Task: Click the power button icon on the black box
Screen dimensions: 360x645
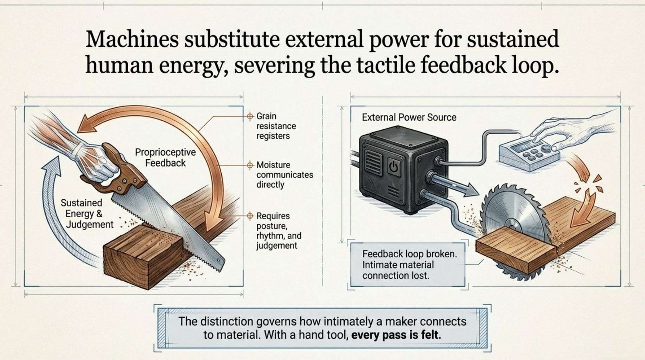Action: point(393,166)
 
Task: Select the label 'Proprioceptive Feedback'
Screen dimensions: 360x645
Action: point(165,158)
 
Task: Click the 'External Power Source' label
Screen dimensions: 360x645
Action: point(409,118)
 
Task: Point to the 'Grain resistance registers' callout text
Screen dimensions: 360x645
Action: point(273,126)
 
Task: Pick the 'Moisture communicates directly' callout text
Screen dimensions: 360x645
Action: point(285,175)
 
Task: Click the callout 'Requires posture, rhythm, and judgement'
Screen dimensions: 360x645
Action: point(279,231)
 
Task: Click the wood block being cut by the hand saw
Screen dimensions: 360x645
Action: point(141,258)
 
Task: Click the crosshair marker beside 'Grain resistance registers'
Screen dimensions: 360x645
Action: point(250,117)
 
